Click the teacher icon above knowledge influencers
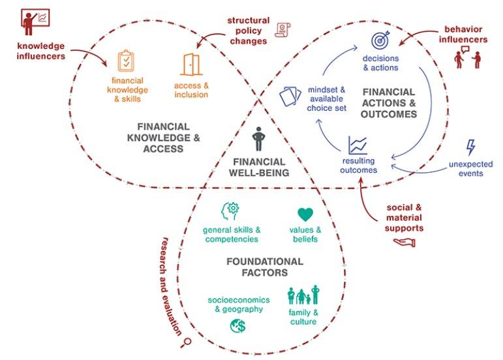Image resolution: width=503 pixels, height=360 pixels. [x=35, y=22]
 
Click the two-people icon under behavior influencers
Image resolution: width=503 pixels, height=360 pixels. [x=466, y=59]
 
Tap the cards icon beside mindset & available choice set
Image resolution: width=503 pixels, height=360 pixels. [x=291, y=97]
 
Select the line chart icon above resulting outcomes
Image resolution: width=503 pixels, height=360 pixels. [x=358, y=145]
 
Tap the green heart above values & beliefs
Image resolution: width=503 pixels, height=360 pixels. [x=305, y=214]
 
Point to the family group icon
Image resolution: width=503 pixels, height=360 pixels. [x=303, y=295]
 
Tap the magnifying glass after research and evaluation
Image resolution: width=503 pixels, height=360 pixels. [x=188, y=340]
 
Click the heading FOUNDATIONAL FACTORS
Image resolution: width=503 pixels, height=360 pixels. [x=264, y=267]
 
